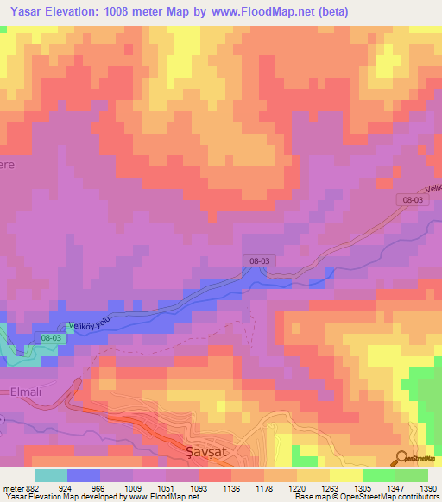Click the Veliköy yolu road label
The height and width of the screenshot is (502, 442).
click(x=90, y=323)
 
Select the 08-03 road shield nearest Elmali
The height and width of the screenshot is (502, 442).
click(x=51, y=338)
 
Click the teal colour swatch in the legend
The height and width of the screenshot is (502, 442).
click(x=51, y=475)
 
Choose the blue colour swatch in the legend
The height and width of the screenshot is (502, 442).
click(x=84, y=475)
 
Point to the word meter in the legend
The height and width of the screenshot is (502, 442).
click(x=12, y=487)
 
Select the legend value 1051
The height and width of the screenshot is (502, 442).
click(x=164, y=487)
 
